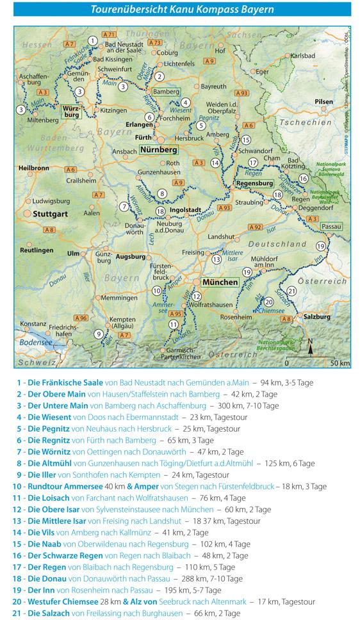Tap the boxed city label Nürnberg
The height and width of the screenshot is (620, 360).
coord(158,149)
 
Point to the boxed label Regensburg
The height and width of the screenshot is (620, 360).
coord(256,183)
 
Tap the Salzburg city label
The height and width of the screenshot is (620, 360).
coord(318,316)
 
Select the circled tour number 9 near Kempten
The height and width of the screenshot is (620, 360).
coord(98,333)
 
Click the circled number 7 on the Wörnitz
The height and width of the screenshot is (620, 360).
coord(124,206)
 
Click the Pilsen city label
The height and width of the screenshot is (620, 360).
coord(325,102)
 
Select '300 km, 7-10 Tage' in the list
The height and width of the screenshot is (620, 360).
coord(247,405)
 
